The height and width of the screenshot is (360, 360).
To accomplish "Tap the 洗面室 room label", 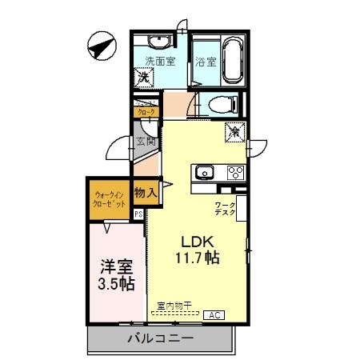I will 158,61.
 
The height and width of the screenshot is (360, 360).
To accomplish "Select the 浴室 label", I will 206,61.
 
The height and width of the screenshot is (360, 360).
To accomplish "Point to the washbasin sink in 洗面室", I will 155,42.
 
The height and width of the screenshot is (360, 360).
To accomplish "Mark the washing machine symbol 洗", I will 145,79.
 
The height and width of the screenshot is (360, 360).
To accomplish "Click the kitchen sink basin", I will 204,171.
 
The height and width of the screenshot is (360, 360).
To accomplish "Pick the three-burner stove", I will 235,171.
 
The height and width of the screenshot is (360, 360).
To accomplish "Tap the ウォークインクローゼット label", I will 110,200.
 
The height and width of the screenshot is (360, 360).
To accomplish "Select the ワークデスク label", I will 225,210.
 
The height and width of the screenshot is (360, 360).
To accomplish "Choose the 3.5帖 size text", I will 116,284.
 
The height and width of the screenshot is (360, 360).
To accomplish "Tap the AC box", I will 214,315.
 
